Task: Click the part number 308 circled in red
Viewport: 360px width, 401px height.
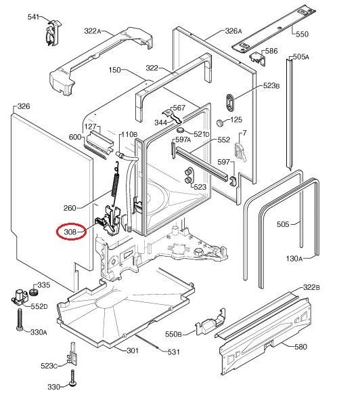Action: pyautogui.click(x=70, y=232)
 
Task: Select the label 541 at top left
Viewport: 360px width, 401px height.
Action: pyautogui.click(x=33, y=17)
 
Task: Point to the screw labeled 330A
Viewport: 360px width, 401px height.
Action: pyautogui.click(x=20, y=320)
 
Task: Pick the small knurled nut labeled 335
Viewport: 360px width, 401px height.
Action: pyautogui.click(x=33, y=292)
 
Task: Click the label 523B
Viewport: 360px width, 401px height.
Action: pyautogui.click(x=271, y=85)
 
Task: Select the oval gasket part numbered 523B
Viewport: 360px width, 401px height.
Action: pyautogui.click(x=231, y=102)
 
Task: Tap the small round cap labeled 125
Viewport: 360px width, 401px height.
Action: pyautogui.click(x=220, y=123)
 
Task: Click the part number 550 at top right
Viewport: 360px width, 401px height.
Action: pyautogui.click(x=302, y=35)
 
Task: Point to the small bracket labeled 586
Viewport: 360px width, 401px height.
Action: pyautogui.click(x=258, y=59)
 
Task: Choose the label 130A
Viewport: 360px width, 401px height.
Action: pyautogui.click(x=294, y=259)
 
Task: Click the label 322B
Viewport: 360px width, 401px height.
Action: pyautogui.click(x=311, y=287)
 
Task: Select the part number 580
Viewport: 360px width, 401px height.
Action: pyautogui.click(x=300, y=347)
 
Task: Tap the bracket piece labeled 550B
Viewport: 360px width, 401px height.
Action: pyautogui.click(x=210, y=322)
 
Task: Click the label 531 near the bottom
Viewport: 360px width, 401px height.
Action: pyautogui.click(x=173, y=352)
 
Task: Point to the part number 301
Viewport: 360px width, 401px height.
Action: pyautogui.click(x=133, y=350)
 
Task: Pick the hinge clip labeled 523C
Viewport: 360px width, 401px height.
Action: pyautogui.click(x=72, y=355)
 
